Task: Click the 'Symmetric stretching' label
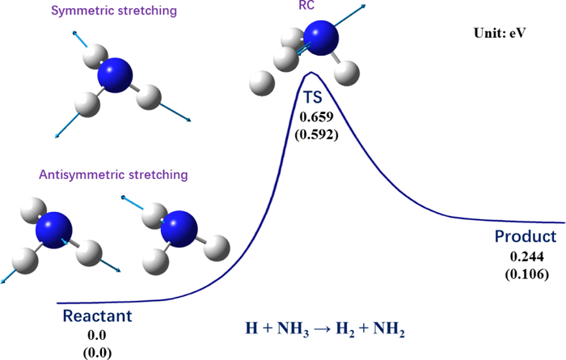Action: point(114,11)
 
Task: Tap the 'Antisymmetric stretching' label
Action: point(113,175)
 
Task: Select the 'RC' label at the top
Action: point(306,5)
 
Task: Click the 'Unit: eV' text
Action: point(500,33)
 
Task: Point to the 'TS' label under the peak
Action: point(313,98)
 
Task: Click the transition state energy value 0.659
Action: point(317,116)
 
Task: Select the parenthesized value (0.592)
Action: point(317,134)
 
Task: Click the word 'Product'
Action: point(526,236)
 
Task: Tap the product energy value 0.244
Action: point(526,256)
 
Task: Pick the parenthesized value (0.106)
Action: point(526,274)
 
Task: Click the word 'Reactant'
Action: point(98,316)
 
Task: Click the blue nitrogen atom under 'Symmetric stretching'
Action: point(115,75)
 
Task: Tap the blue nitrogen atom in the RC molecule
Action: point(320,38)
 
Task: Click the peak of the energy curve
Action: point(311,73)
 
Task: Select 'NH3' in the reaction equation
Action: point(293,329)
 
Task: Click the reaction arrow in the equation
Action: point(323,329)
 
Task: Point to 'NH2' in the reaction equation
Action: point(388,329)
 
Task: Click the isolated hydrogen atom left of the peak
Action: point(262,83)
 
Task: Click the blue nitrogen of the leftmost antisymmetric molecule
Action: point(54,230)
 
